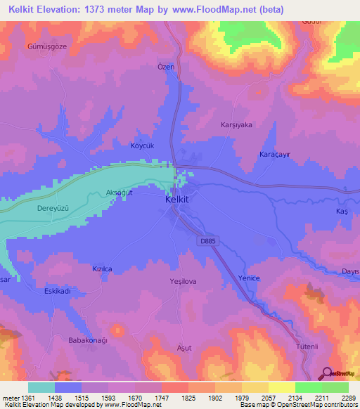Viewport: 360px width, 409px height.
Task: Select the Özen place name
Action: click(165, 67)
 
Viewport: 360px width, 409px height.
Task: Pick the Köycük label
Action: click(142, 145)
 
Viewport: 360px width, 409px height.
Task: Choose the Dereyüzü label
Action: click(54, 209)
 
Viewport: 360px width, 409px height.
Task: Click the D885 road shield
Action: click(203, 240)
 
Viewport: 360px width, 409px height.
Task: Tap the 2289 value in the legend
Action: click(339, 397)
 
